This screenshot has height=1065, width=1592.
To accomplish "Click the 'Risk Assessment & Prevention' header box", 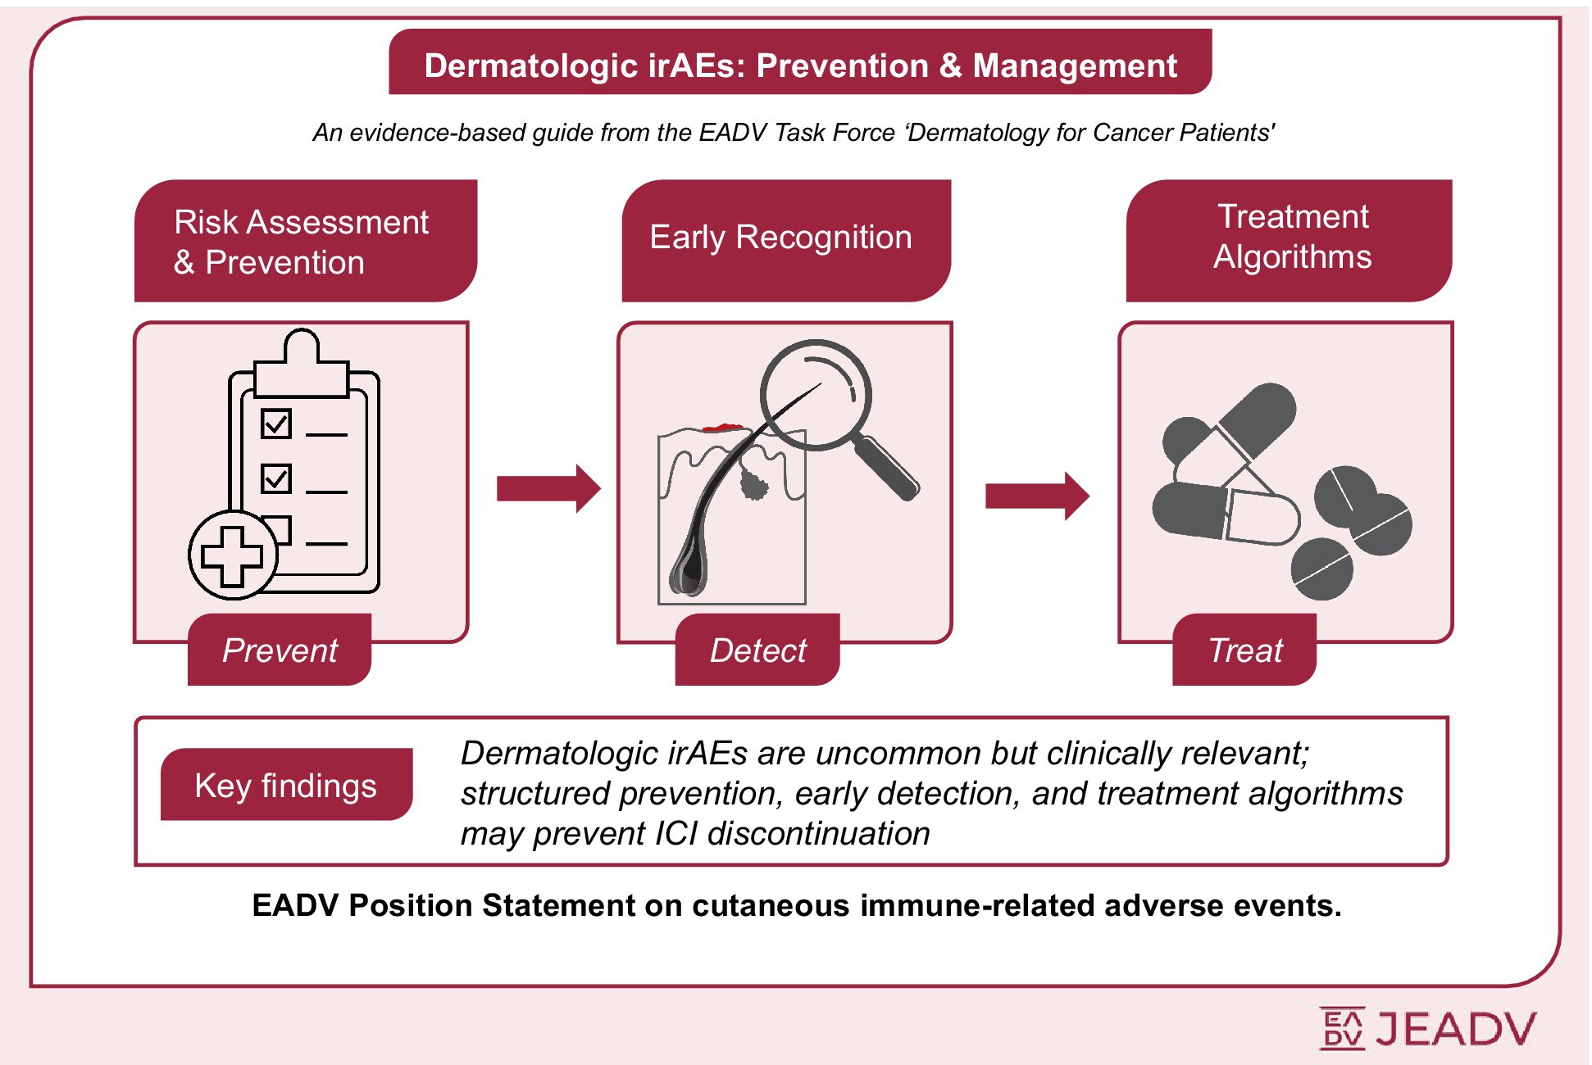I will pyautogui.click(x=305, y=241).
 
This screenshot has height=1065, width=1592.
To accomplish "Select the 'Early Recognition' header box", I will pyautogui.click(x=785, y=239).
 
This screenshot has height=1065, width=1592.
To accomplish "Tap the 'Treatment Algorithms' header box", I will pyautogui.click(x=1289, y=239).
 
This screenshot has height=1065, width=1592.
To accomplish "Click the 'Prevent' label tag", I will pyautogui.click(x=280, y=650).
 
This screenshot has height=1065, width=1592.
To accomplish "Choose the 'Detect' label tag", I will pyautogui.click(x=757, y=650).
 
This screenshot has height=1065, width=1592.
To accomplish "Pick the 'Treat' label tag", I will pyautogui.click(x=1244, y=650).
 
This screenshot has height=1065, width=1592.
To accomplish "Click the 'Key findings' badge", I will pyautogui.click(x=286, y=785).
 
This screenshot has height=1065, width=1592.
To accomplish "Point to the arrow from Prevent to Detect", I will pyautogui.click(x=548, y=488).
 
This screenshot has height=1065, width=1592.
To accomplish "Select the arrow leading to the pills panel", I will pyautogui.click(x=1036, y=495).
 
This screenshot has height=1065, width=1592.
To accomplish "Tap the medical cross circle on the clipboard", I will pyautogui.click(x=233, y=555).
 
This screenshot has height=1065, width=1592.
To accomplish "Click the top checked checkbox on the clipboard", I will pyautogui.click(x=276, y=424).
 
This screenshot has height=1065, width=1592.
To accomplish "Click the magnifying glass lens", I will pyautogui.click(x=815, y=395).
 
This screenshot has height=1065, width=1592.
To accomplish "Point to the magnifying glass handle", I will pyautogui.click(x=887, y=469).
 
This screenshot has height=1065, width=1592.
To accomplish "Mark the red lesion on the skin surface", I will pyautogui.click(x=722, y=427).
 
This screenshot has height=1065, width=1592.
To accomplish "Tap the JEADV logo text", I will pyautogui.click(x=1455, y=1029).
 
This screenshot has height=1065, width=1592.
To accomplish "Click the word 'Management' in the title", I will pyautogui.click(x=1074, y=66).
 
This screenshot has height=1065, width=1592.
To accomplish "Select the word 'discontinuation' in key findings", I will pyautogui.click(x=818, y=834).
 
